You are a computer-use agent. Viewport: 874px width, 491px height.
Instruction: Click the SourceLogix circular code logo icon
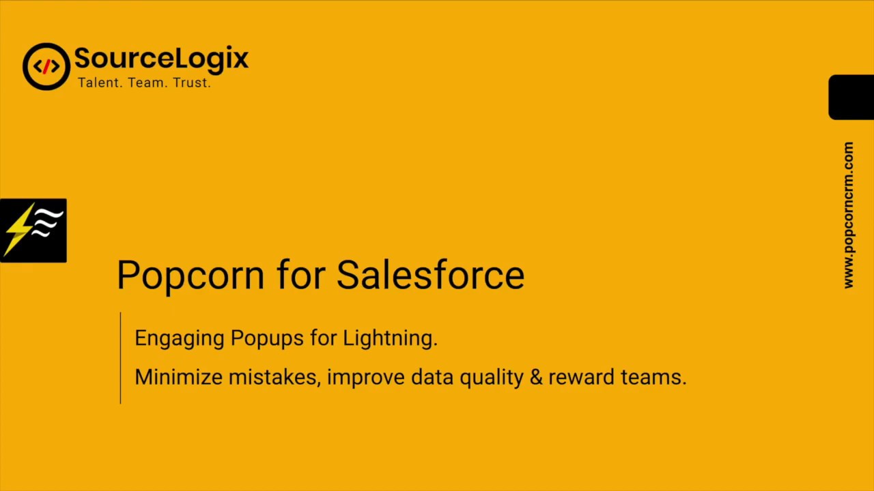46,66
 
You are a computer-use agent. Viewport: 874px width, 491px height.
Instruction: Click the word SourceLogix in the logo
161,59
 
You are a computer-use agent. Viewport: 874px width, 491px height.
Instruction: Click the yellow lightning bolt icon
20,230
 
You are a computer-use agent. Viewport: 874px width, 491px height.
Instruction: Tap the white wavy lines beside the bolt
48,224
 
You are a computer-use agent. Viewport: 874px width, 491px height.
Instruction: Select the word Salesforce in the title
430,275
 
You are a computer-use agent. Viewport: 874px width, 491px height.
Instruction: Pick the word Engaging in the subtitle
179,338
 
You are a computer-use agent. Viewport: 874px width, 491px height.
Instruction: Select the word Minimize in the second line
178,376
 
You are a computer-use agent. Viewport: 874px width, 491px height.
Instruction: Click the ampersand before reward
535,376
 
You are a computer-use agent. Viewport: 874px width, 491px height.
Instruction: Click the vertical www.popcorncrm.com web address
848,215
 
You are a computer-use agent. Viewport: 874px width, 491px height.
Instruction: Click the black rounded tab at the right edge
851,97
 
